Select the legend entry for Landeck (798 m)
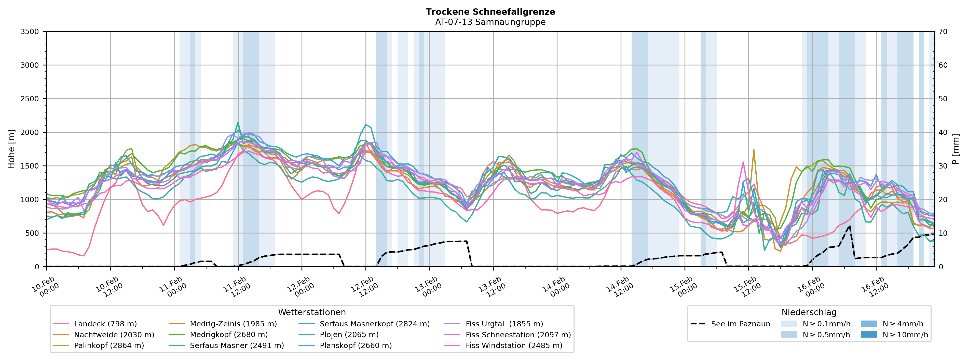105,324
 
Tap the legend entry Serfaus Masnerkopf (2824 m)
374,324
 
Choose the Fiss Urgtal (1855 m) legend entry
504,324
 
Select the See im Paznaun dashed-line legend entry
740,324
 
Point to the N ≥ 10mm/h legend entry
905,335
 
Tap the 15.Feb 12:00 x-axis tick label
747,287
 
